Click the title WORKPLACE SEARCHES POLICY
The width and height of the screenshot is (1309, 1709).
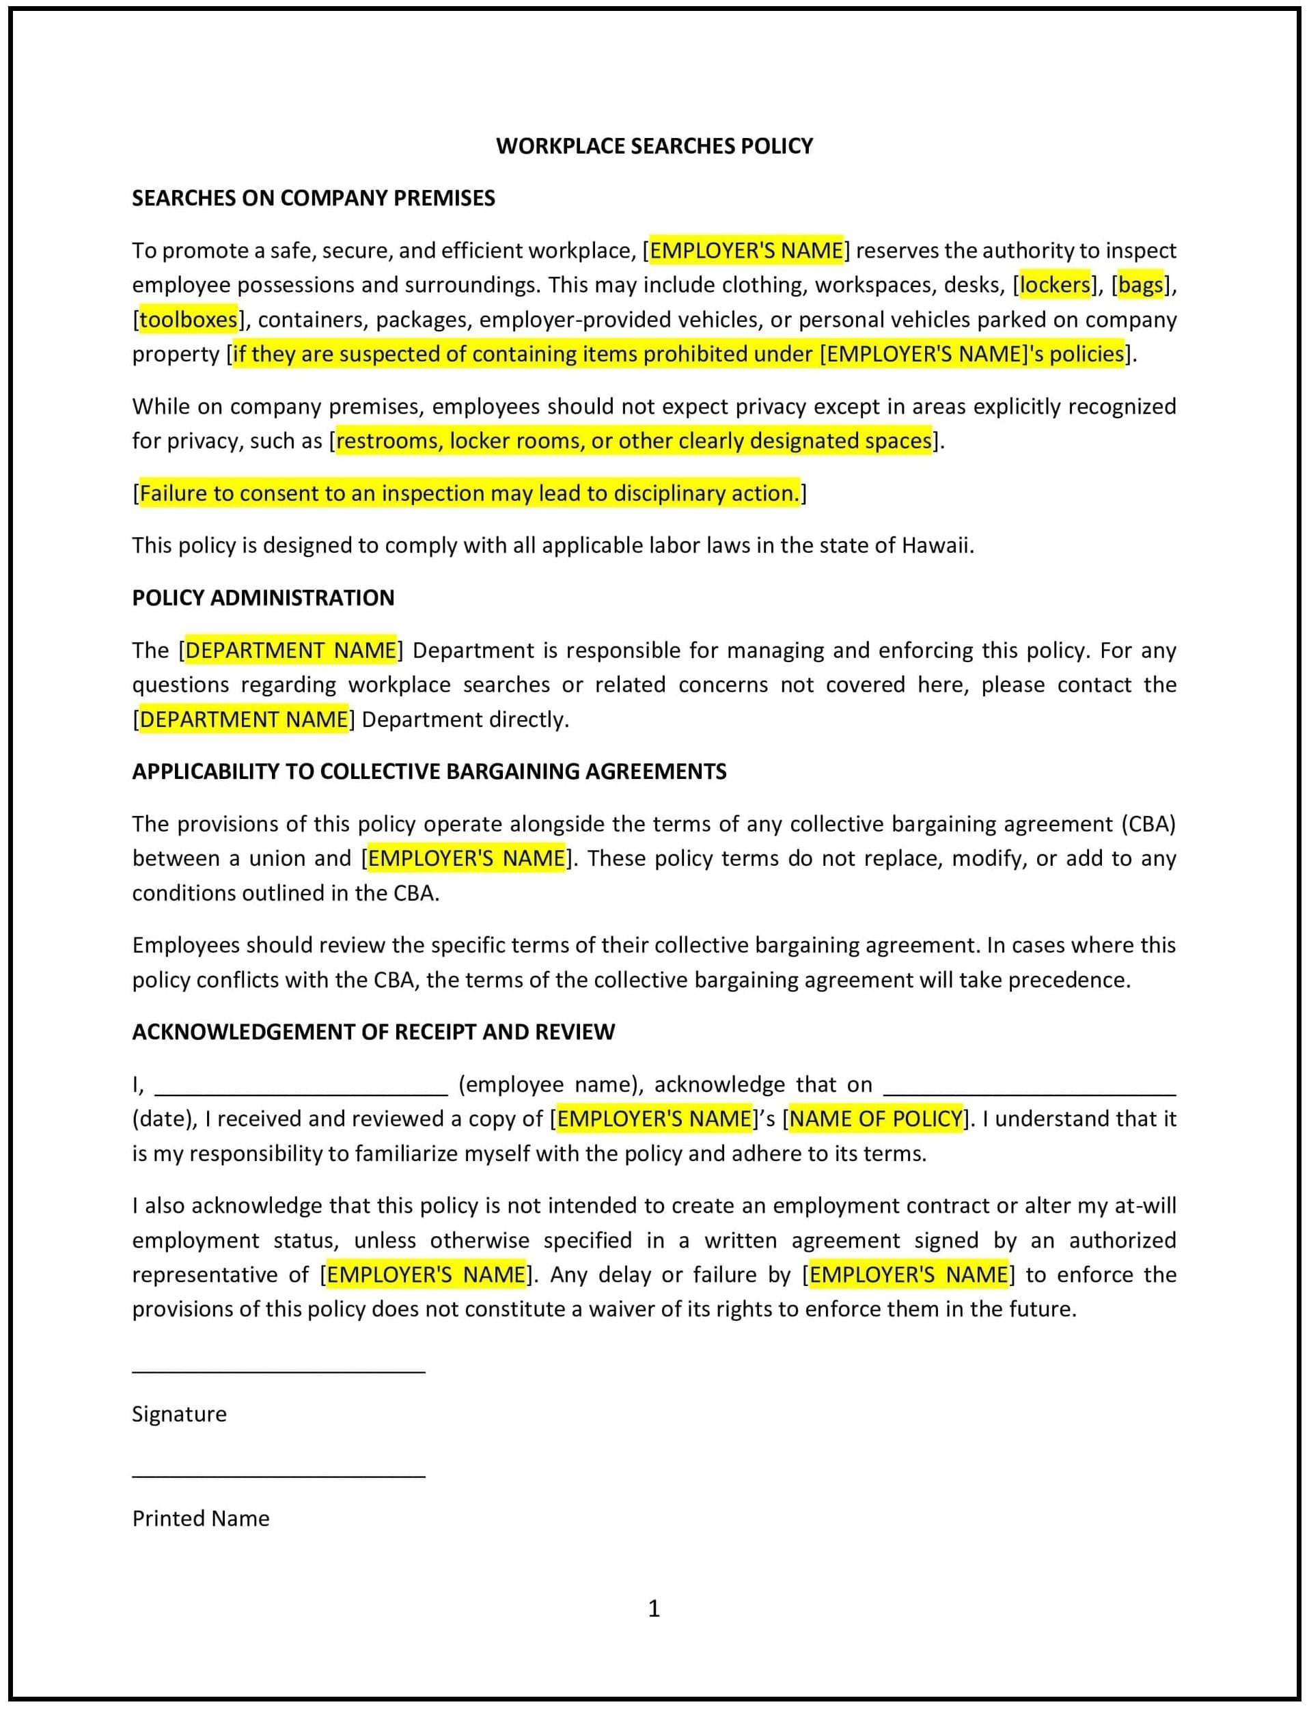[x=654, y=146]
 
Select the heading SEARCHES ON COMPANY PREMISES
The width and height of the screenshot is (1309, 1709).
[x=313, y=198]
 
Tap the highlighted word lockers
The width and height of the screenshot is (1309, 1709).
[x=1054, y=285]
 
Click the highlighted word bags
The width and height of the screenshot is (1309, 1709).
[x=1140, y=285]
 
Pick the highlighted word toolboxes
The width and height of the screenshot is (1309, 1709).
[x=188, y=320]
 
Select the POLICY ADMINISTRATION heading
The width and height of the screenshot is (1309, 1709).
[x=262, y=598]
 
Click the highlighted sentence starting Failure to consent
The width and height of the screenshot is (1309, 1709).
[x=469, y=493]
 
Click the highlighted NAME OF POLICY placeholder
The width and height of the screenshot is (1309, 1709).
[x=876, y=1119]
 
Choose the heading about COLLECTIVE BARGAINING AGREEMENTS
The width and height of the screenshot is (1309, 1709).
[x=428, y=771]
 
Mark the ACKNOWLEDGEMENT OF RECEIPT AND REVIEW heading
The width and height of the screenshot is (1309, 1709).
[x=373, y=1032]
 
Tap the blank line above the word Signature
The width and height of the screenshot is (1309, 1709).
[x=278, y=1371]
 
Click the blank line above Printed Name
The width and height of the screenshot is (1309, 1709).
[x=278, y=1475]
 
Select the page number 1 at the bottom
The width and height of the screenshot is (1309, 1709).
[x=654, y=1608]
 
